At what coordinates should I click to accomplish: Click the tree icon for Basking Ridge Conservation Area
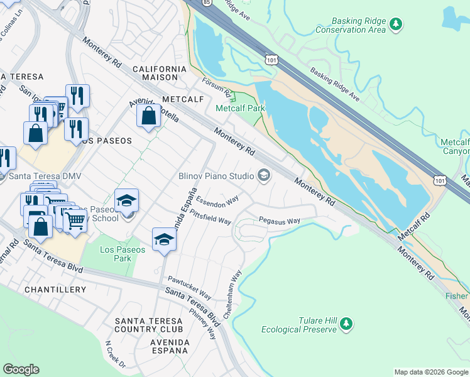click(x=395, y=24)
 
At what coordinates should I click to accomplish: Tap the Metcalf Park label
click(x=241, y=108)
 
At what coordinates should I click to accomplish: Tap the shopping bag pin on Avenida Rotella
click(x=148, y=116)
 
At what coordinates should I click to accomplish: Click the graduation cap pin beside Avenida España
click(x=164, y=240)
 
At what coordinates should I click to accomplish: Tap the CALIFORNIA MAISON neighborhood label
click(x=160, y=73)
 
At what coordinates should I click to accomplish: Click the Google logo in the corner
click(x=21, y=369)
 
